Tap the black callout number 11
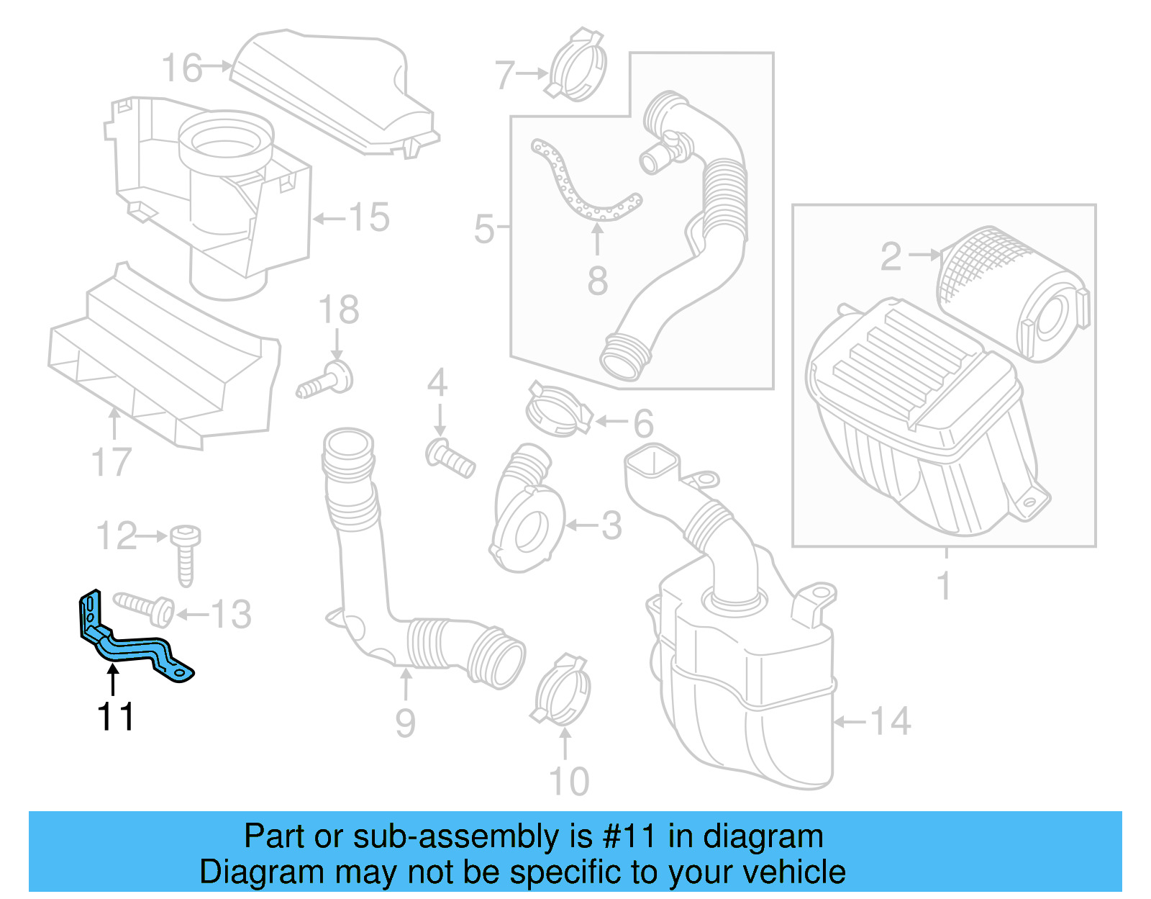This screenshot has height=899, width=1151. click(x=115, y=717)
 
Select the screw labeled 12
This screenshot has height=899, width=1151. click(x=185, y=555)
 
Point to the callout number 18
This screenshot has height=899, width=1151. click(x=338, y=310)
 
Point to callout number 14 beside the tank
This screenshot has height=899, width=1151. click(x=891, y=721)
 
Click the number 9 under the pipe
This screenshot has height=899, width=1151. click(x=405, y=723)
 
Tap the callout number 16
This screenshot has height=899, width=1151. click(x=182, y=68)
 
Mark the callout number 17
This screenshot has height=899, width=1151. click(x=112, y=462)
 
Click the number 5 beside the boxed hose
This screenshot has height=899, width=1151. click(x=484, y=229)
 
